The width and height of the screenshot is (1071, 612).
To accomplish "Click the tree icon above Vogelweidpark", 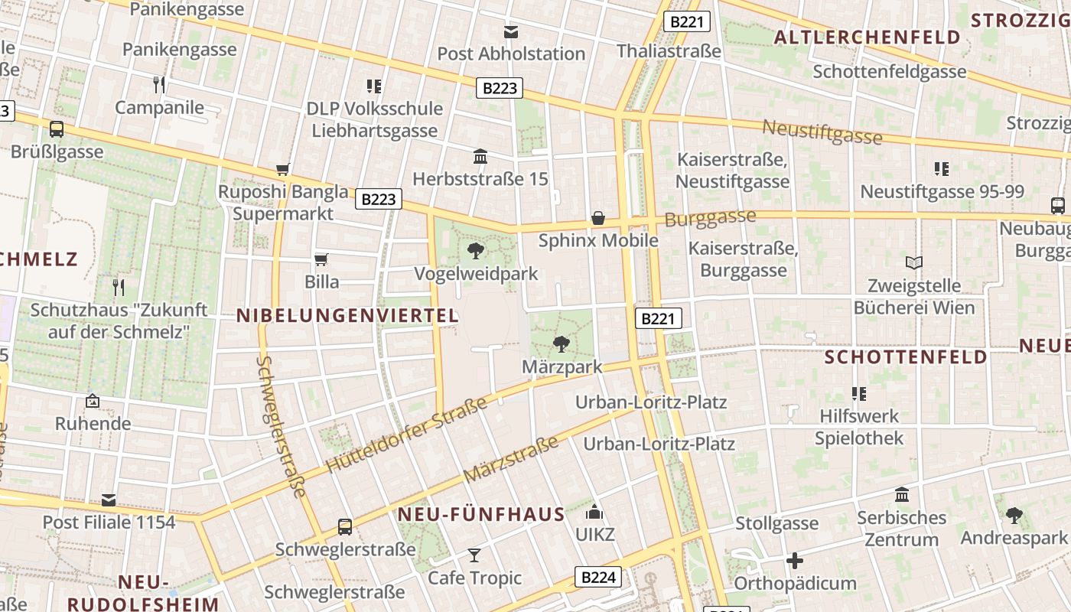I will tap(476, 250).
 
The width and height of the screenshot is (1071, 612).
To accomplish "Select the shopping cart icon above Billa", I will tap(321, 260).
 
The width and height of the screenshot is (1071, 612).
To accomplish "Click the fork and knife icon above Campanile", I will tap(159, 84).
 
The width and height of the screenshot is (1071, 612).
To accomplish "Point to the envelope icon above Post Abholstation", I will tap(510, 32).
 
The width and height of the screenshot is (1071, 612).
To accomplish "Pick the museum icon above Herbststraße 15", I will tap(480, 157).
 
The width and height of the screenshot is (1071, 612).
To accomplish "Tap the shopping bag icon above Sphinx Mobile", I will tap(598, 219).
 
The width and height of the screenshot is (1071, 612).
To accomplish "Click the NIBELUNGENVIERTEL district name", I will tap(347, 315).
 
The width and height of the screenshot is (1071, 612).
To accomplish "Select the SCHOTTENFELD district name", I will tap(906, 357).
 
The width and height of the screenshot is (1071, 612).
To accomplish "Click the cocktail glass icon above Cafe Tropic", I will tap(474, 555).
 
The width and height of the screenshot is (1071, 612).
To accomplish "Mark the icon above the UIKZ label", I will tap(594, 512).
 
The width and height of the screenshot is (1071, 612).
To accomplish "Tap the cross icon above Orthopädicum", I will tap(795, 561).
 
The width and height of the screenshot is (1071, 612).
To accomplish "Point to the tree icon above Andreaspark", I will tap(1014, 515).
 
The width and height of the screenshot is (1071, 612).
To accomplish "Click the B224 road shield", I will tap(598, 577).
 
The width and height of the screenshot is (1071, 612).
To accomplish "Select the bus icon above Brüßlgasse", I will tap(57, 129).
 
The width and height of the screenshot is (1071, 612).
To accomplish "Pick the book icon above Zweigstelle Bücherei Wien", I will tap(913, 263).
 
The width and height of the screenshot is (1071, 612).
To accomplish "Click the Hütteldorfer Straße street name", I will tap(406, 435).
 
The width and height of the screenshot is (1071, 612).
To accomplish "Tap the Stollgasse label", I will tap(776, 524).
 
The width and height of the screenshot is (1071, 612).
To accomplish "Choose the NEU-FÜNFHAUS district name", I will tap(481, 514).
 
